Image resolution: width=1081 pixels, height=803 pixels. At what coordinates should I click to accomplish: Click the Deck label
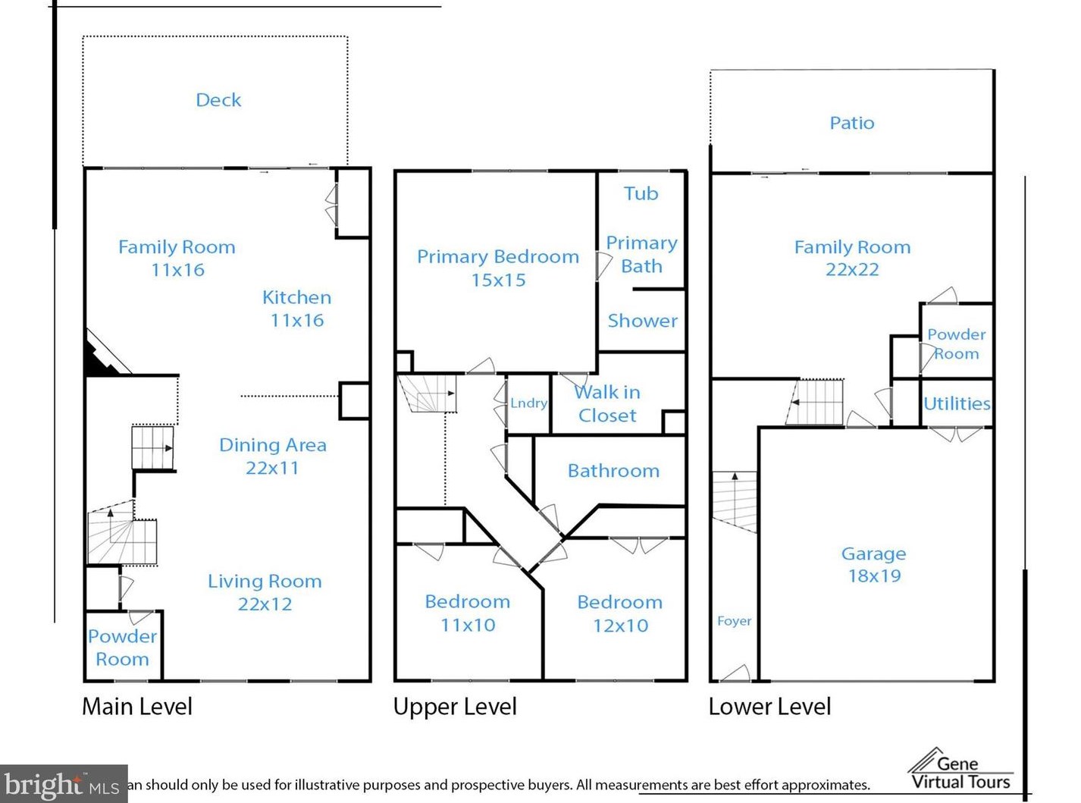[218, 100]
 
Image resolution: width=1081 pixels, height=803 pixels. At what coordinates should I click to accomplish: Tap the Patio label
[852, 123]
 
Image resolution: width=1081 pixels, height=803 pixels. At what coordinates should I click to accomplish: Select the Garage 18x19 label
[874, 565]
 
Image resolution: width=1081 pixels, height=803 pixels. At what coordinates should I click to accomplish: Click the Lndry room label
[529, 403]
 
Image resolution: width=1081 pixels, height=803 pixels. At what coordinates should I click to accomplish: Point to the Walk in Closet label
[607, 403]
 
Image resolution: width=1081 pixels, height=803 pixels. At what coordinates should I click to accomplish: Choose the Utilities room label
[957, 403]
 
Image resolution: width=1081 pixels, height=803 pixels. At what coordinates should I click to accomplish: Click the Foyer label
[734, 621]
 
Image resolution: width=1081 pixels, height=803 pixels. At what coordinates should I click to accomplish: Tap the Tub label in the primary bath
[641, 193]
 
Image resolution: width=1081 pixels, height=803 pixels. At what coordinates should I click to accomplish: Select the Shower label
[642, 321]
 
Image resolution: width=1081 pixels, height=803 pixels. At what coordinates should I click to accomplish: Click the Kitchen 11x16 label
[297, 309]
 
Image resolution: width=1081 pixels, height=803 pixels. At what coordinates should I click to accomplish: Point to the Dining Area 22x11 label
[272, 456]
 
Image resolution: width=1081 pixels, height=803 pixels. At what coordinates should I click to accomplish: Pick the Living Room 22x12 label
[265, 592]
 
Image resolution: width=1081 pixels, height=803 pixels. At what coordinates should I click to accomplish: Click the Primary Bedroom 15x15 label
[498, 268]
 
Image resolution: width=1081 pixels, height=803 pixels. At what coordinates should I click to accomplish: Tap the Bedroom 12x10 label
[620, 614]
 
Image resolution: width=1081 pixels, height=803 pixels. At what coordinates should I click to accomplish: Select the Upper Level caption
[455, 707]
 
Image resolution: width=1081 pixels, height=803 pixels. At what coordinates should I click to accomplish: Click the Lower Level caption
[769, 707]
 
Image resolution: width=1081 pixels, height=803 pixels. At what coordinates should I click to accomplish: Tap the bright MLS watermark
[64, 783]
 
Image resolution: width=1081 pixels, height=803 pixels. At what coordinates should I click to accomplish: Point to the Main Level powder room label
[122, 648]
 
